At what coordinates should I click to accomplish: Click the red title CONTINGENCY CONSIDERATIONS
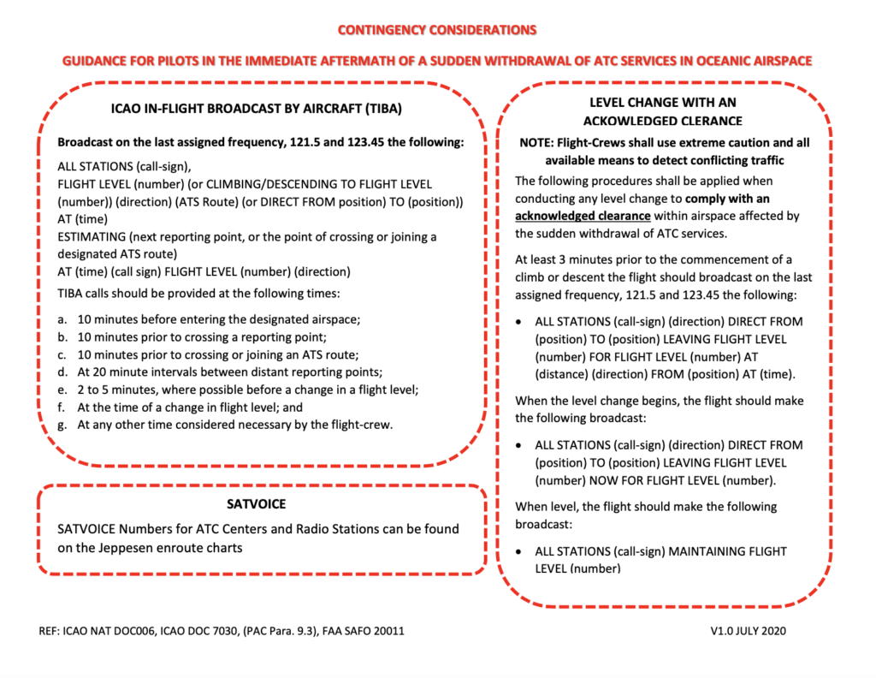point(437,30)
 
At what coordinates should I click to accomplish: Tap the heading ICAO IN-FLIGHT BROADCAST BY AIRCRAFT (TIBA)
point(257,109)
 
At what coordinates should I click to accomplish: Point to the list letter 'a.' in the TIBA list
point(62,318)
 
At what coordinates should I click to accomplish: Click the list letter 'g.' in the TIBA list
point(62,425)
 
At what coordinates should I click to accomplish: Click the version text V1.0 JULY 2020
point(748,631)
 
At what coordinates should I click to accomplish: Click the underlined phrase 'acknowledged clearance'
point(583,216)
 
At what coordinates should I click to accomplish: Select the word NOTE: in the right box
point(541,143)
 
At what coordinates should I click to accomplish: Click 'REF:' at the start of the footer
point(50,631)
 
